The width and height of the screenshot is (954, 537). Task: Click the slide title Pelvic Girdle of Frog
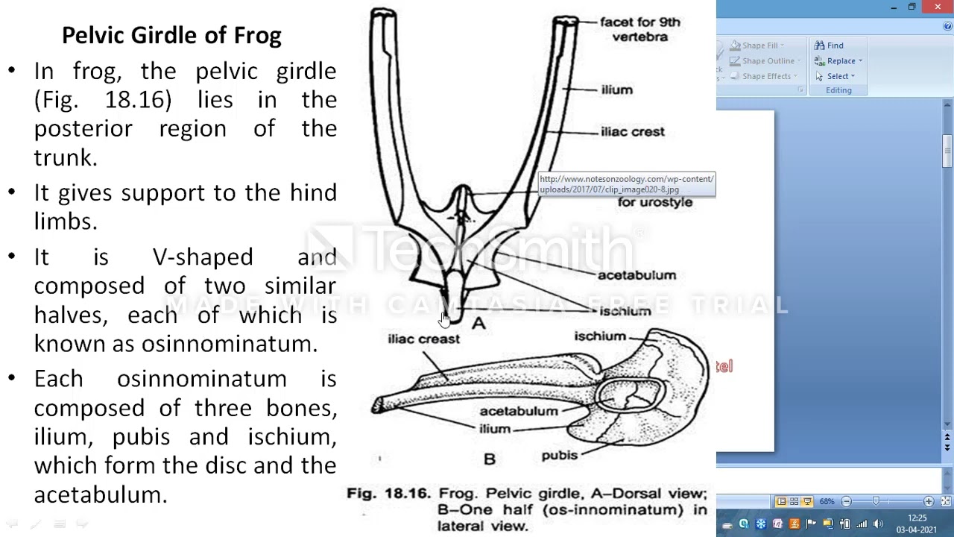coord(171,35)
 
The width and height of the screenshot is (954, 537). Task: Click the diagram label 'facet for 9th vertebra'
coord(639,29)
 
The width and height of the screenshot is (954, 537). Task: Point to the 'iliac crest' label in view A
coord(632,132)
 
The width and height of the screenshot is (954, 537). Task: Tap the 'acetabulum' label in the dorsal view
coord(636,275)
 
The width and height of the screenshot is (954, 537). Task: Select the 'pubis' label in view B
coord(559,455)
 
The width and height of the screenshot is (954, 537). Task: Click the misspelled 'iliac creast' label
coord(423,339)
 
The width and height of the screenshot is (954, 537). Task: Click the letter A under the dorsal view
coord(478,323)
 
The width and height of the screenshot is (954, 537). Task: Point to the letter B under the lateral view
coord(489,459)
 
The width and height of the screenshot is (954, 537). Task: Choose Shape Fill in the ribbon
coord(759,45)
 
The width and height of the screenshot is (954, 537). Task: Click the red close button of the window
coord(937,7)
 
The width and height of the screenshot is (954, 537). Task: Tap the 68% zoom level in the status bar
coord(827,501)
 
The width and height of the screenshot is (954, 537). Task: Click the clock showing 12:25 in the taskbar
coord(917,518)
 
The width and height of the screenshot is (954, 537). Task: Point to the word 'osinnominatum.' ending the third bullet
coord(230,344)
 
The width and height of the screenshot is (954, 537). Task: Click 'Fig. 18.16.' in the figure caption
coord(388,494)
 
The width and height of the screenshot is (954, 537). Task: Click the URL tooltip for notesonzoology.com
coord(626,184)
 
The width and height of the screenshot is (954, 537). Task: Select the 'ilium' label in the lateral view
coord(495,429)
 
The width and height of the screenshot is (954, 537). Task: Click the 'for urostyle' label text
coord(654,203)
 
